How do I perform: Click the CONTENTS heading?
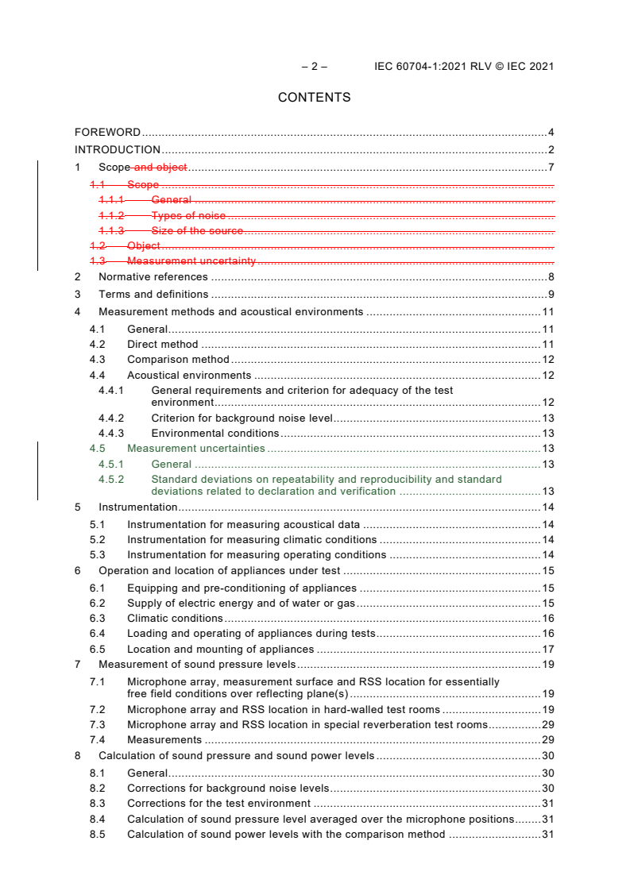[x=314, y=98]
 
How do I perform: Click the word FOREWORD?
[x=107, y=133]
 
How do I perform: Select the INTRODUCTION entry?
[x=118, y=150]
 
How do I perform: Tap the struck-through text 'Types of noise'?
[x=188, y=216]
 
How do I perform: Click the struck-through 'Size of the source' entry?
[x=197, y=231]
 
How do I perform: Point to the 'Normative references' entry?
[x=153, y=277]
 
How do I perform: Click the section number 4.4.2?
[x=111, y=418]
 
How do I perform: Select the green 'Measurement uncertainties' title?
[x=195, y=449]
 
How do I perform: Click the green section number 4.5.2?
[x=111, y=479]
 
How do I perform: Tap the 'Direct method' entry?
[x=162, y=345]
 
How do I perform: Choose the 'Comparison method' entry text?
[x=178, y=360]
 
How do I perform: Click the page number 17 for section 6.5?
[x=547, y=650]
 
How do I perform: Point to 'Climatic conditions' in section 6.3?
[x=175, y=619]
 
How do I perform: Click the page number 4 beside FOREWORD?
[x=551, y=133]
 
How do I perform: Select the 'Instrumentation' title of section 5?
[x=137, y=507]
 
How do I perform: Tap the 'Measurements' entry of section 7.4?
[x=164, y=740]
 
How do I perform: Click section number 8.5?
[x=97, y=835]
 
